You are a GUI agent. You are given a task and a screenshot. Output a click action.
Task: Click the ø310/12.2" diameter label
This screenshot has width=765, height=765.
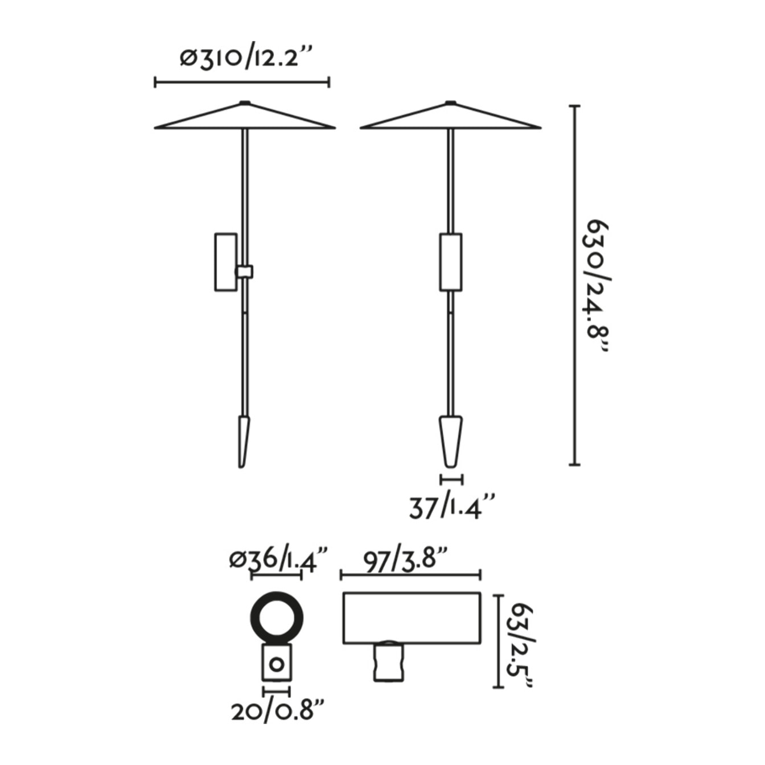point(246,57)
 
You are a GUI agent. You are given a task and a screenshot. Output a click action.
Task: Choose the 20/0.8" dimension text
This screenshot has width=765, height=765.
point(278,711)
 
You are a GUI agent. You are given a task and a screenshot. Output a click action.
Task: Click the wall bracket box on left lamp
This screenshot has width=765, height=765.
point(225,262)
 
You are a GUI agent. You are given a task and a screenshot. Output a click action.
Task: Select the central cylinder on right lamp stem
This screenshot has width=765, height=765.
point(451,262)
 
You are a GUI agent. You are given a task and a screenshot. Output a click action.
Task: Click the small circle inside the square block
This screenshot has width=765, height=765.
point(277,664)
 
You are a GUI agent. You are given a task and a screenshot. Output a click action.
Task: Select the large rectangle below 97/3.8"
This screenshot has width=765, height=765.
point(412,618)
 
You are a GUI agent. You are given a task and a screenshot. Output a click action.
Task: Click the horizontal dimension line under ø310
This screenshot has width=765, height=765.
point(242,83)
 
